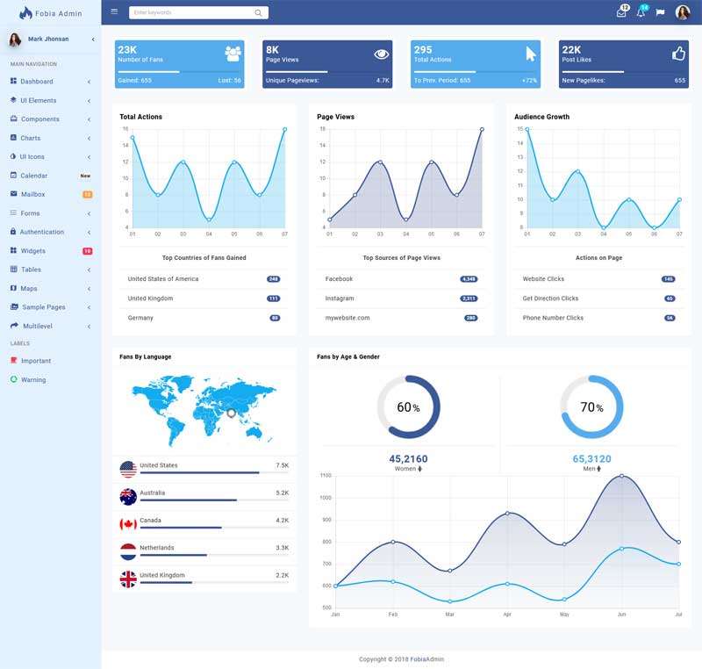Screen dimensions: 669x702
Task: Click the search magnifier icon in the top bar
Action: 258,12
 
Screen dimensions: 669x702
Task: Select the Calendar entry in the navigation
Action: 33,176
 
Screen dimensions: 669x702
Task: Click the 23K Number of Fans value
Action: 127,50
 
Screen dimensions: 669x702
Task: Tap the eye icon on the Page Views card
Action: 381,54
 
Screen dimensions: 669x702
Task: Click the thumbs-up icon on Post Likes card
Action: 677,54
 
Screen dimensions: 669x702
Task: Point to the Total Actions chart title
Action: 140,117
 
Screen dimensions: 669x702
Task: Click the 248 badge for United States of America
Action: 274,279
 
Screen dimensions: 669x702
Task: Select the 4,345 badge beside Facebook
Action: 469,279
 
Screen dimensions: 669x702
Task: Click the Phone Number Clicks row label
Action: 553,318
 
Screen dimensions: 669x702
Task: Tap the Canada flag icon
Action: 128,524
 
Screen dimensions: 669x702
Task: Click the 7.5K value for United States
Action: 282,465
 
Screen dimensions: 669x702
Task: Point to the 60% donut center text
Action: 408,407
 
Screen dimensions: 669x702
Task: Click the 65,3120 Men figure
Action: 591,459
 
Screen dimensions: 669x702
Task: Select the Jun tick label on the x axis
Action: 621,615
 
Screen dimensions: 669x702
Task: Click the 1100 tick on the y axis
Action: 326,476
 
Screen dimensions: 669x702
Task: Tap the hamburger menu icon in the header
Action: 114,11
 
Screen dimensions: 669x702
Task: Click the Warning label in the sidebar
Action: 33,380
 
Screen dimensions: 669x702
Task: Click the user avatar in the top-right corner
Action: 682,12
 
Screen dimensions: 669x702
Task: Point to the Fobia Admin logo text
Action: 58,13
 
